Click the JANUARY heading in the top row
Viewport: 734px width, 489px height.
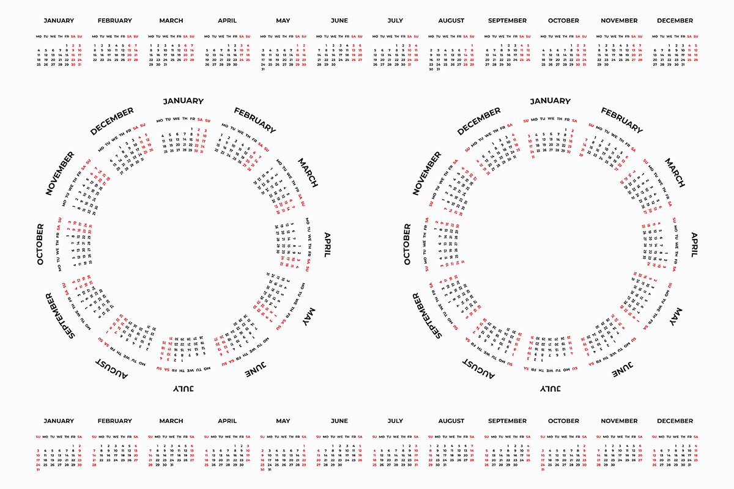point(59,21)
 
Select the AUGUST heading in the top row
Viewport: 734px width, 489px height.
point(451,21)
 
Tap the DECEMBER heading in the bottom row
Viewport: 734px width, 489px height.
point(675,421)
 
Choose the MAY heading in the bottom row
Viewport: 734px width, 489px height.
point(283,421)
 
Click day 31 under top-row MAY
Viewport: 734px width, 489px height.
point(263,69)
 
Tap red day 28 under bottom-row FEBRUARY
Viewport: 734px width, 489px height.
point(95,465)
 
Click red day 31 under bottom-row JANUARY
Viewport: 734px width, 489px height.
point(39,469)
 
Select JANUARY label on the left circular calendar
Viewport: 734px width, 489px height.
point(183,101)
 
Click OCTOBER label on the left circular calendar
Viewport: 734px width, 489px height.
point(40,244)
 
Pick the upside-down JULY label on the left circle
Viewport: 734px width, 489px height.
point(183,388)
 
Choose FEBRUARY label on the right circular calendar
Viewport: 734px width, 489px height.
point(621,120)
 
